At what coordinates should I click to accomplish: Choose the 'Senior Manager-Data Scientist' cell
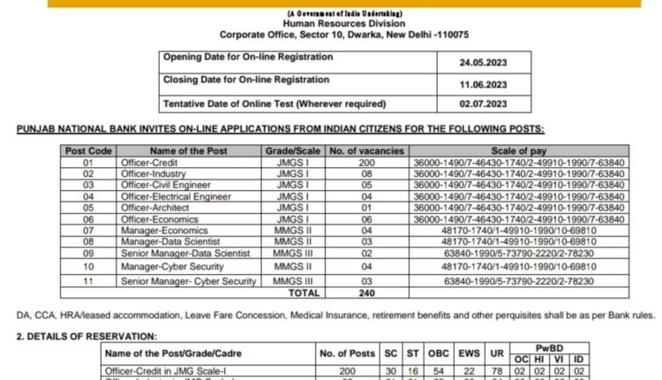coord(188,252)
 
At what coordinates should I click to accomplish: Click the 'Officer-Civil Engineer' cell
coord(167,185)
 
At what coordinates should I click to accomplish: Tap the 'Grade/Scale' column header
coord(291,151)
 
